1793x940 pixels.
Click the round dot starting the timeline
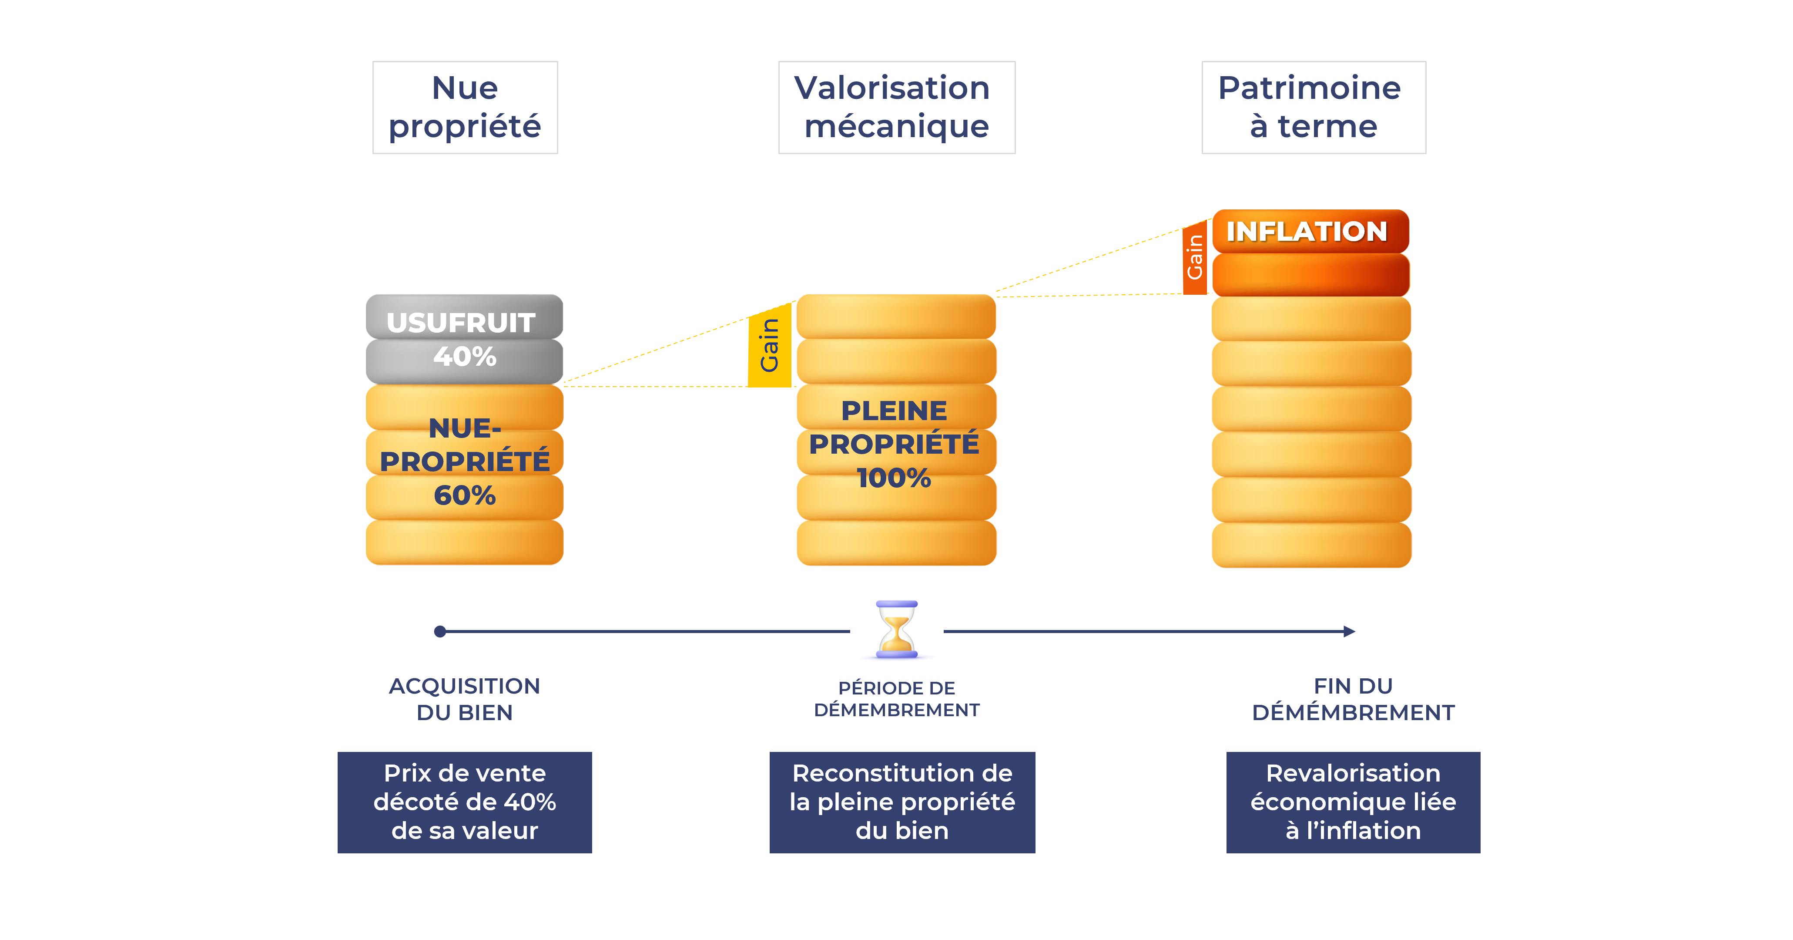(x=440, y=632)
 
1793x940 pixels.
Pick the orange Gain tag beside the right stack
(x=1194, y=258)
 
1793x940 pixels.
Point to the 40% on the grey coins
(x=464, y=357)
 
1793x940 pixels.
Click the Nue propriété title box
(x=465, y=107)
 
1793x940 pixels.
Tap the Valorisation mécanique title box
(x=896, y=107)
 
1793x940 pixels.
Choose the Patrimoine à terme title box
(x=1314, y=107)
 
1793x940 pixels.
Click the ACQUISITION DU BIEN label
(x=464, y=699)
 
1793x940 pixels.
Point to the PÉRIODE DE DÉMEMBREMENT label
(x=896, y=699)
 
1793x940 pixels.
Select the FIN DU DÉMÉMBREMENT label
(x=1353, y=699)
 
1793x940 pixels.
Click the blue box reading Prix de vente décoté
(x=464, y=802)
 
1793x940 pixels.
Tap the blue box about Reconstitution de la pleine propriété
(x=902, y=802)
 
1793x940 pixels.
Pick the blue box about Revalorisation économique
(x=1353, y=802)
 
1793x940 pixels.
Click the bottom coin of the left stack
(x=464, y=542)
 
